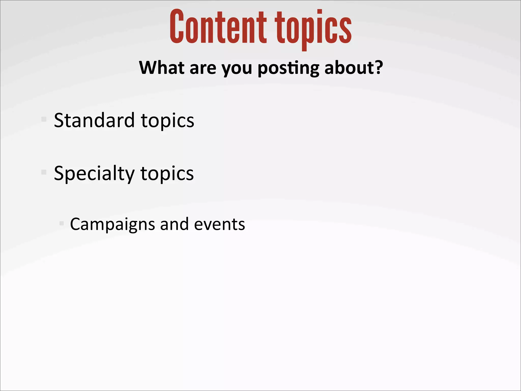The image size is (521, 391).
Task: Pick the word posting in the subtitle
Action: click(x=288, y=69)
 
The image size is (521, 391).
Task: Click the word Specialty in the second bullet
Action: click(x=94, y=174)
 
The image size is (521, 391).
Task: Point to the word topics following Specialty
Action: click(x=167, y=174)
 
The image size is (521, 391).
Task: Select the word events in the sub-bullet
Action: click(x=219, y=225)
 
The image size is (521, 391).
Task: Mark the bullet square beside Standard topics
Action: click(x=44, y=119)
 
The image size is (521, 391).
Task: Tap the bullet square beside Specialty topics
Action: click(x=44, y=172)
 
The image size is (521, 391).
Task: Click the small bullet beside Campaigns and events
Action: click(x=61, y=224)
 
